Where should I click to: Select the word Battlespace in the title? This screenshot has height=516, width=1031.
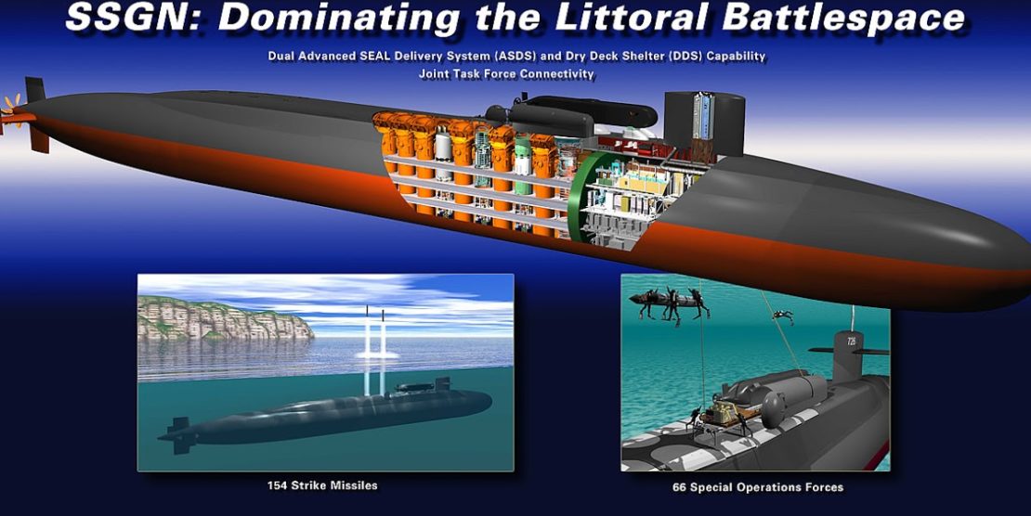tap(843, 18)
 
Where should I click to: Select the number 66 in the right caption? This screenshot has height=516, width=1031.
tap(679, 487)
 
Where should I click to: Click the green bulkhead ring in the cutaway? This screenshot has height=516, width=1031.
tap(579, 197)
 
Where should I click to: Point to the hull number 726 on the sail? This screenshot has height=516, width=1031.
tap(851, 342)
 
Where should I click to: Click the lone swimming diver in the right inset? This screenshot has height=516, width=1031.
tap(783, 316)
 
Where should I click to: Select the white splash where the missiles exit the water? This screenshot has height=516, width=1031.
tap(377, 355)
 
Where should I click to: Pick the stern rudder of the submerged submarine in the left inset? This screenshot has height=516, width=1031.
tap(179, 434)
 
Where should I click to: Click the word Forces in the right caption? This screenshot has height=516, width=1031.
tap(825, 487)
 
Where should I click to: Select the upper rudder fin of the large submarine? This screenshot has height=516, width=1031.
tap(35, 90)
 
